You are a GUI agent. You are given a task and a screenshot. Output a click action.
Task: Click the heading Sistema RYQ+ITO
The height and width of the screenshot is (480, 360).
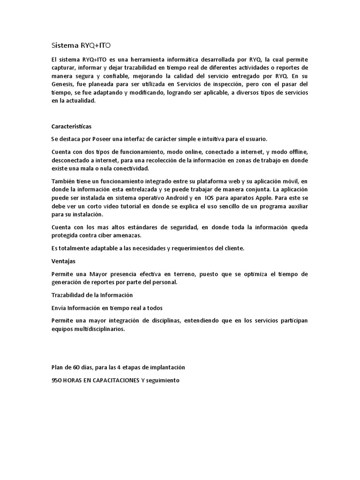[x=81, y=45]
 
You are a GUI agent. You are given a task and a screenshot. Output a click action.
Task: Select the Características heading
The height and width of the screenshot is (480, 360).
[x=71, y=126]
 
